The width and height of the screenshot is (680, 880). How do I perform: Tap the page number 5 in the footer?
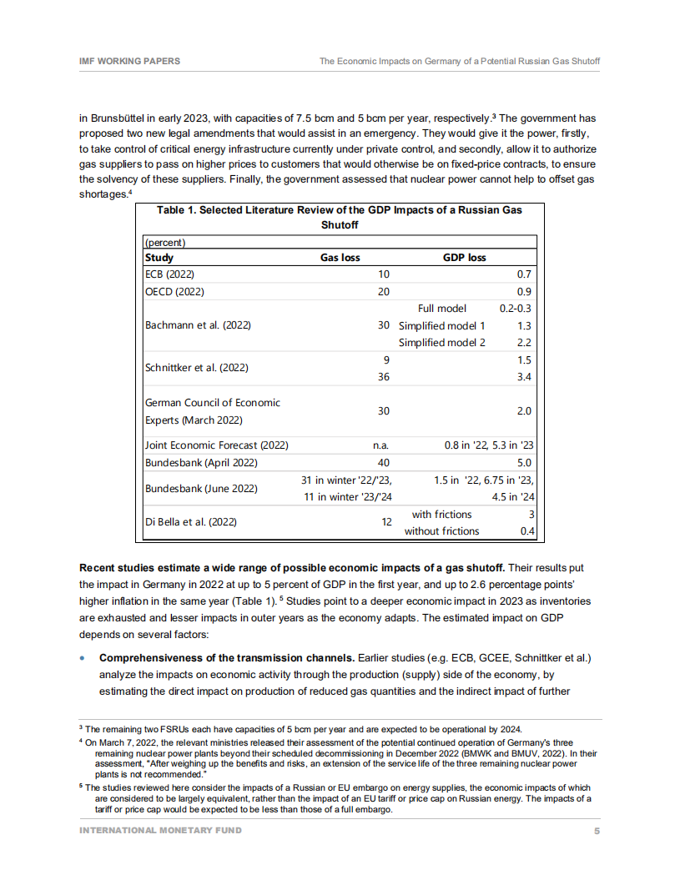(597, 830)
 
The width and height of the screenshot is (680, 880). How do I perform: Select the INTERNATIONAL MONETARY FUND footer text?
(160, 830)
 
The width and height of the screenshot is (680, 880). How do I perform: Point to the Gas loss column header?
(340, 258)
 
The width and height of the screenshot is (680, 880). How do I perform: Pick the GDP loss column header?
(464, 258)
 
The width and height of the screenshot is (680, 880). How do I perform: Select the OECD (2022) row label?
(174, 292)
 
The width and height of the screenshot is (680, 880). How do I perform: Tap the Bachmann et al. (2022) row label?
(198, 325)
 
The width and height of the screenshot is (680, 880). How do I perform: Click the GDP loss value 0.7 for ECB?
(524, 274)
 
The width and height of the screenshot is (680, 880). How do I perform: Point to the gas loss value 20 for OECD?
(383, 292)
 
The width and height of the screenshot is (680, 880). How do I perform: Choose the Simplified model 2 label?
(441, 343)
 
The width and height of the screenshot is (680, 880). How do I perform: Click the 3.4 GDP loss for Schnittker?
(524, 377)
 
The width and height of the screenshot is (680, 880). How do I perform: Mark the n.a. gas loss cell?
(380, 445)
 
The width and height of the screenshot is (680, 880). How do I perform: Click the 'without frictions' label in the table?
(441, 531)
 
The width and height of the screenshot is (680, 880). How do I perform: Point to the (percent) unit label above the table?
(165, 243)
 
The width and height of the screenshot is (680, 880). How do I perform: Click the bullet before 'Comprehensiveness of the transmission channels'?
(83, 658)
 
